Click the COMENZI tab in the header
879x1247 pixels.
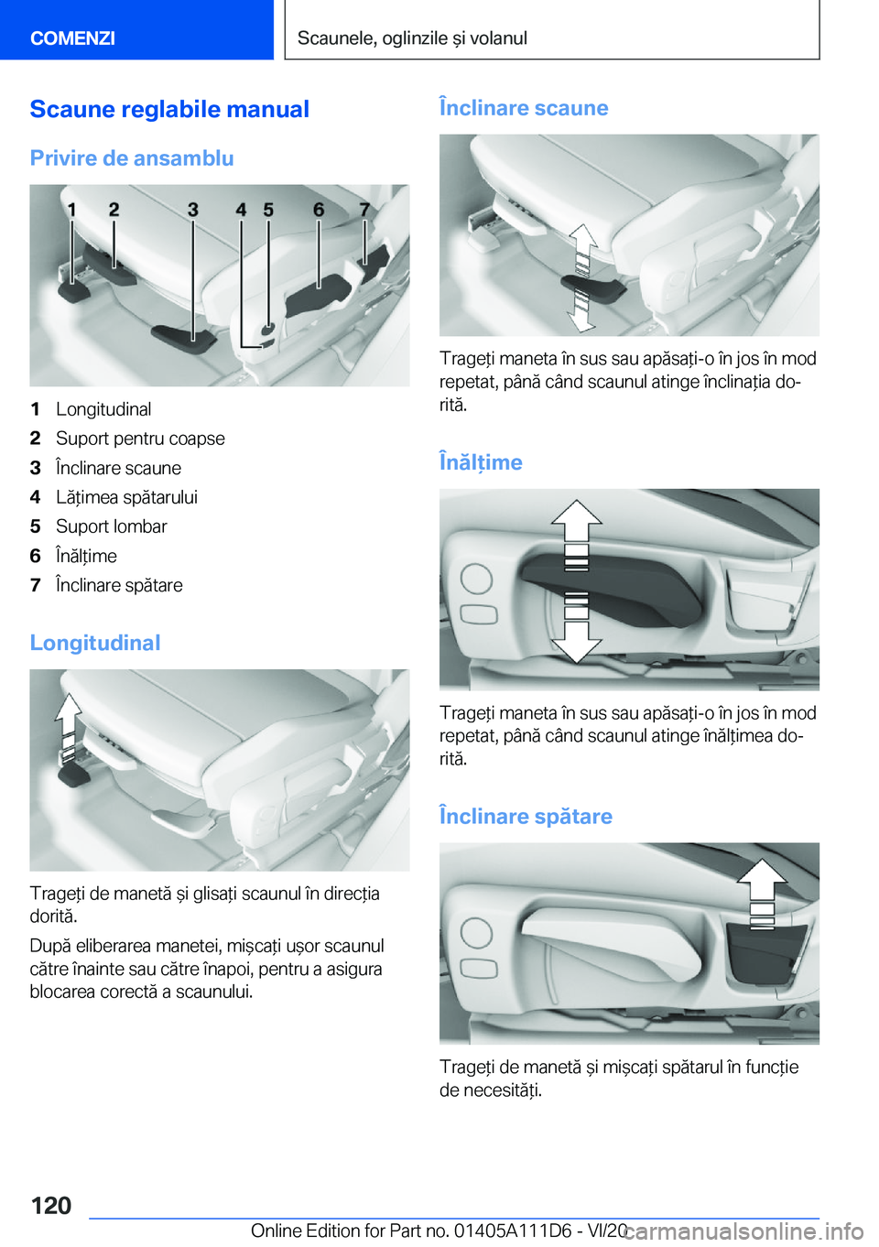(73, 38)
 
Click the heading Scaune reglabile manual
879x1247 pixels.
(169, 110)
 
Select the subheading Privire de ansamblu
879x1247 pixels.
(132, 158)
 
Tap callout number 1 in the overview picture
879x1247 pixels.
(71, 210)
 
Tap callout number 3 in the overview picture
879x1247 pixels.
(192, 210)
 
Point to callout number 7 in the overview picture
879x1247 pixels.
(364, 210)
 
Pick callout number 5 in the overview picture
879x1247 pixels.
(268, 210)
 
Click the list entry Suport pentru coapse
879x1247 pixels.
(140, 439)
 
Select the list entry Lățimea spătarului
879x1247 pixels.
(126, 497)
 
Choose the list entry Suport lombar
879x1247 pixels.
(112, 526)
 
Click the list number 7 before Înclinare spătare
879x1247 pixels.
(36, 585)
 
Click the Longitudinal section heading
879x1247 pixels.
(95, 643)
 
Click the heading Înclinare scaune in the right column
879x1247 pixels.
(524, 108)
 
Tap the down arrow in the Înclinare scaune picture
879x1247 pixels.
(581, 311)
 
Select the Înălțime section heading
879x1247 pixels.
(481, 462)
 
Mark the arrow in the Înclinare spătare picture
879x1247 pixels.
(762, 888)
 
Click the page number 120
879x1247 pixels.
(51, 1206)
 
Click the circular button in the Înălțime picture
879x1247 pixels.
(476, 579)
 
